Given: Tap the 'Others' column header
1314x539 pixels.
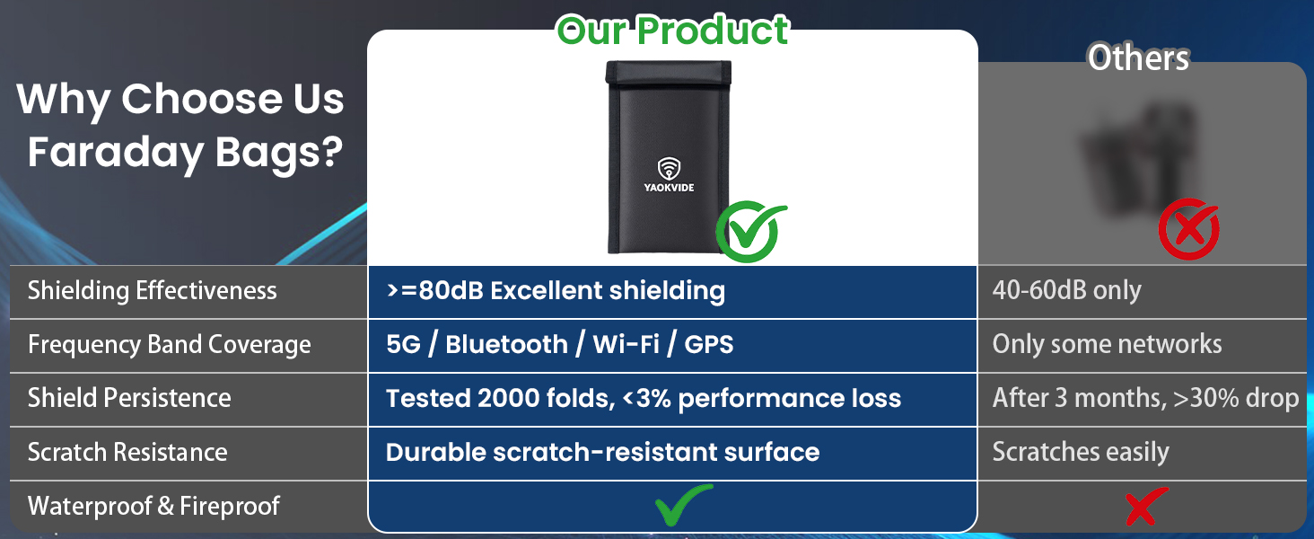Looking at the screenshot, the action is point(1139,57).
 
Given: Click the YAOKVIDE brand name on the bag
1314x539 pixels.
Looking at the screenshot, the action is point(669,187).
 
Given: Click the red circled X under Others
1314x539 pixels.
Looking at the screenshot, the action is point(1189,229).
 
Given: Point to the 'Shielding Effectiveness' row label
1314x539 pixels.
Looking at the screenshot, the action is point(152,291).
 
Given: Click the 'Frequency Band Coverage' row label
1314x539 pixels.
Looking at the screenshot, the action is point(169,345).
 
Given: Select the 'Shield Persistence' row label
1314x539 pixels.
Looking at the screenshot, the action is point(129,398).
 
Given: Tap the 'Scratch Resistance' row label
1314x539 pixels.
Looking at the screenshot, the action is point(127,452).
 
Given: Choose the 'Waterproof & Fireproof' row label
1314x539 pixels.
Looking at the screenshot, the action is point(153,506).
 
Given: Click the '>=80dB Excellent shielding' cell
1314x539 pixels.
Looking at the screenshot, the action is point(556,291).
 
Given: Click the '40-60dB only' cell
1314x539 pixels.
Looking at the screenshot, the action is point(1066,291).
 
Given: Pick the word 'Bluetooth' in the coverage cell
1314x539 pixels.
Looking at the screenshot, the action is point(507,345).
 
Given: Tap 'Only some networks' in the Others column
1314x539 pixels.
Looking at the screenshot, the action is point(1107,344).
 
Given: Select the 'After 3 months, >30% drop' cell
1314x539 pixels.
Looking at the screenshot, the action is point(1145,398).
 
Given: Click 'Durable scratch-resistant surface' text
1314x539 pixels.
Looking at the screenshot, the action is point(602,452).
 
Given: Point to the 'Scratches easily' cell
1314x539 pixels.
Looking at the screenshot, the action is point(1081,452).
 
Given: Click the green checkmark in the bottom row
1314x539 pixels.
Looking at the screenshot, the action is point(683,505).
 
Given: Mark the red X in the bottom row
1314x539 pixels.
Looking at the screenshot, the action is point(1147,506).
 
